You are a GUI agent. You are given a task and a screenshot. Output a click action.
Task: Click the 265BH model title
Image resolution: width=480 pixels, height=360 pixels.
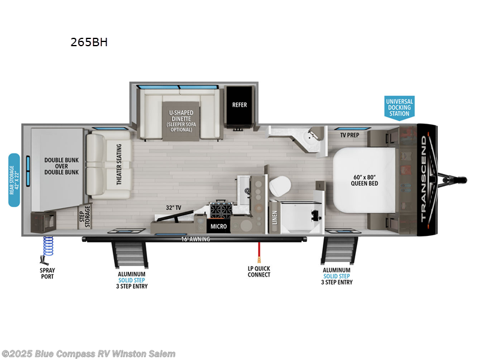(x=89, y=42)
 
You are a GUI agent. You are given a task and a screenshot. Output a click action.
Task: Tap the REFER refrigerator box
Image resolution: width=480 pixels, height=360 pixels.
(x=239, y=104)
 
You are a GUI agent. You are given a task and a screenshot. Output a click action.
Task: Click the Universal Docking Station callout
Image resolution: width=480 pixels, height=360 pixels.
(x=399, y=107)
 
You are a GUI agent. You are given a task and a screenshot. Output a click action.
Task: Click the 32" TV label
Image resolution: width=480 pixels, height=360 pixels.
(x=175, y=208)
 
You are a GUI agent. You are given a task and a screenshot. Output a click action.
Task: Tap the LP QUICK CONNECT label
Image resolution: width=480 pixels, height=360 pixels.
(x=259, y=272)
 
